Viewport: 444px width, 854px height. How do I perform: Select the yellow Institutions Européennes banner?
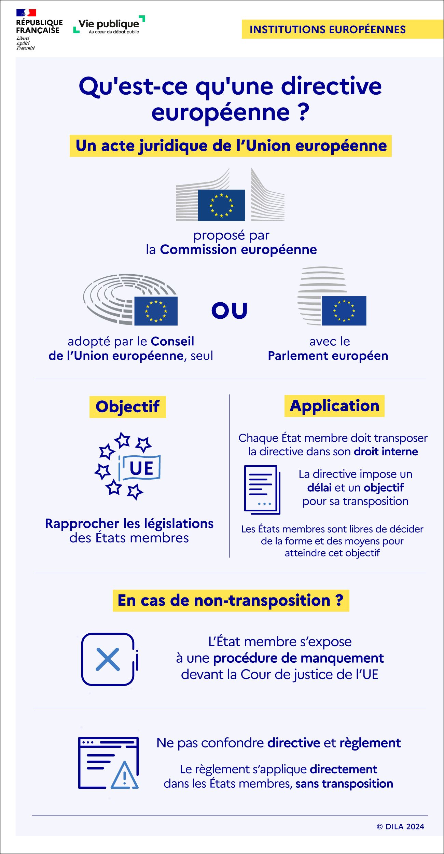(x=342, y=29)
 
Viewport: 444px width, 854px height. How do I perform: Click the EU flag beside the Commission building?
(x=221, y=205)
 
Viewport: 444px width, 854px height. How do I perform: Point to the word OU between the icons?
(x=229, y=311)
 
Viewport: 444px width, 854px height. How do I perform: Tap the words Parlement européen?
(x=328, y=356)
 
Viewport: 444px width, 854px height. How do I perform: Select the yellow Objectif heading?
(x=127, y=407)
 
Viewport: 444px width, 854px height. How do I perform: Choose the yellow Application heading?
(x=334, y=406)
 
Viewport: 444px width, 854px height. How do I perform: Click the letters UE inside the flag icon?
(x=141, y=468)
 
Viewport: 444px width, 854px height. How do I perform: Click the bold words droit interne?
(x=386, y=452)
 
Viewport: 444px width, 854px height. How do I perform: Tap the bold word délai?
(x=319, y=487)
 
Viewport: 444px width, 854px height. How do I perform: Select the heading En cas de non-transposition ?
(x=231, y=601)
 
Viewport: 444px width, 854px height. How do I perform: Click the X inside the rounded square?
(x=108, y=659)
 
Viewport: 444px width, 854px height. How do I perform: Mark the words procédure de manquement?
(x=298, y=658)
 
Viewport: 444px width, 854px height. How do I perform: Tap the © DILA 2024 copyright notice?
(x=400, y=827)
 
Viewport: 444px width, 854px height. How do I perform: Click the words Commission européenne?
(x=238, y=250)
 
